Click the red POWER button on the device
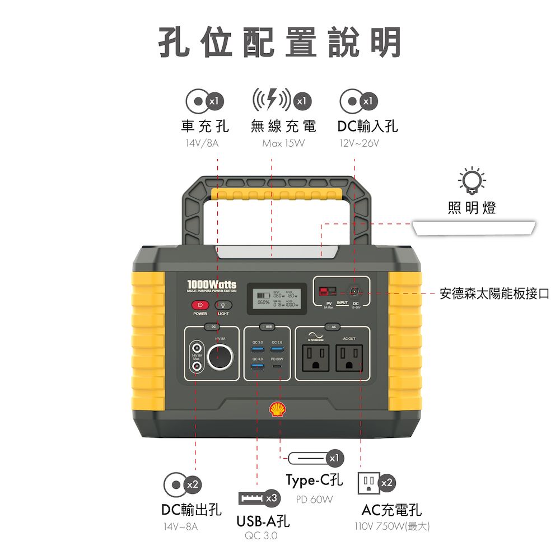200,305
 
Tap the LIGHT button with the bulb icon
223,305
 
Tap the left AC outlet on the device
315,357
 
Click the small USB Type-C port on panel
277,366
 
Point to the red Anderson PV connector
327,291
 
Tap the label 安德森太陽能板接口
494,293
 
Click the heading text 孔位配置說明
280,43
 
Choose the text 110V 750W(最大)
392,526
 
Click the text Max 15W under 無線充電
283,144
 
